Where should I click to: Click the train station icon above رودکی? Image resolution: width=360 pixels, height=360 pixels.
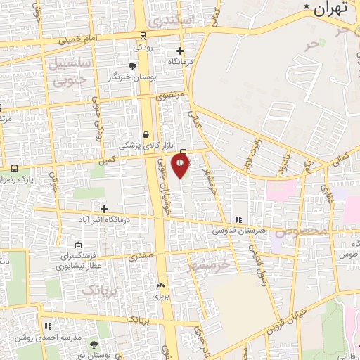143,36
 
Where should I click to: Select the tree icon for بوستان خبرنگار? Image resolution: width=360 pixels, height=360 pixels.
132,65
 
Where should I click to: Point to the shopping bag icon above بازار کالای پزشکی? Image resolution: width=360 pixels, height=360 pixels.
146,134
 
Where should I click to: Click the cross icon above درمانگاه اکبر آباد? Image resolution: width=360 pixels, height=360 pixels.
104,208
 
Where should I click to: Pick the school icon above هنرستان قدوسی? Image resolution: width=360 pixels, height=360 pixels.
238,219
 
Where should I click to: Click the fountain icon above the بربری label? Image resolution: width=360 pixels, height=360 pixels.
161,285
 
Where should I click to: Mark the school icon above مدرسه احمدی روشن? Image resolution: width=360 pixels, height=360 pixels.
48,327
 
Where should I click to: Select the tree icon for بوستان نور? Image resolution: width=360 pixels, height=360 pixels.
94,345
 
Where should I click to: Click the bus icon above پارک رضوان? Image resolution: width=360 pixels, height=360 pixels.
14,168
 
